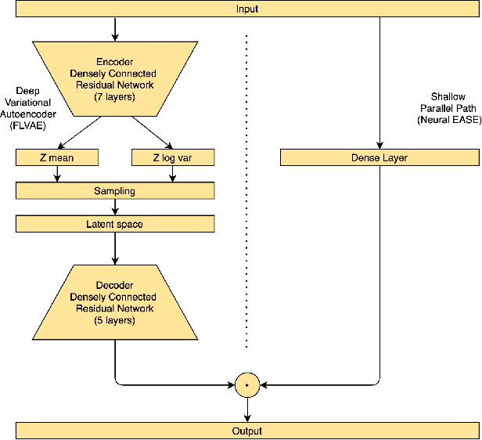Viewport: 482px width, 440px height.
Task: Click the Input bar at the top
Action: (x=247, y=9)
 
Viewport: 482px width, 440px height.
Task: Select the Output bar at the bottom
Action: (x=247, y=431)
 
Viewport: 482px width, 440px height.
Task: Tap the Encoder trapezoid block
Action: (x=116, y=79)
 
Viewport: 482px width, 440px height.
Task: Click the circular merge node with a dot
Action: (x=247, y=384)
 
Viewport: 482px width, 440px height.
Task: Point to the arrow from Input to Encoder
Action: (x=116, y=29)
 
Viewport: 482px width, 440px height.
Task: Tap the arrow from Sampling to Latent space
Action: (x=116, y=207)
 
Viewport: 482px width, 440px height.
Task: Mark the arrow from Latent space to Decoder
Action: (x=116, y=248)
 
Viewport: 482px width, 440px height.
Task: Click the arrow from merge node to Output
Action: (x=247, y=409)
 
